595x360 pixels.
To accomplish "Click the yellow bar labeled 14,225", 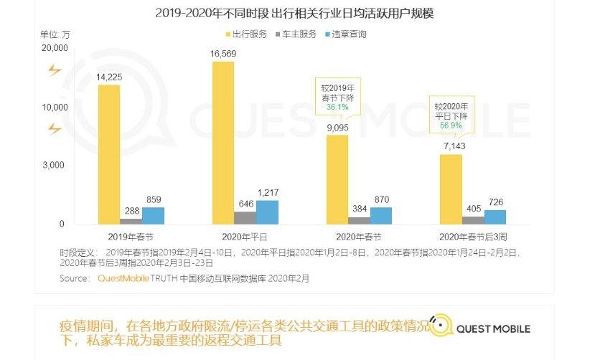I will [x=109, y=154].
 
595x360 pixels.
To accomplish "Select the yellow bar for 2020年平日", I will [x=223, y=143].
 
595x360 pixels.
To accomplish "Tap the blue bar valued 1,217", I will [x=267, y=212].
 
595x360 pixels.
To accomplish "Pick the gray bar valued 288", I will [x=131, y=221].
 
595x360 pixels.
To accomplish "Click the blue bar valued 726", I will [x=495, y=217].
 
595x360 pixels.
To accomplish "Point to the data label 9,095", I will [x=338, y=128].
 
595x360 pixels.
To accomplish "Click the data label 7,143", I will [x=452, y=146].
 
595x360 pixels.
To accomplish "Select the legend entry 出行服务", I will [x=248, y=34].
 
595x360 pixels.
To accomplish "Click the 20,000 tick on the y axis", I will [x=55, y=48].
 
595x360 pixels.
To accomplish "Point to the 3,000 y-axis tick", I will [x=55, y=165].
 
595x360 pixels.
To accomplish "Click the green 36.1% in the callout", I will [x=337, y=107].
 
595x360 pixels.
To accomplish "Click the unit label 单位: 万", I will [x=55, y=34].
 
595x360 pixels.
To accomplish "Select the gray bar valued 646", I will [x=245, y=217].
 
